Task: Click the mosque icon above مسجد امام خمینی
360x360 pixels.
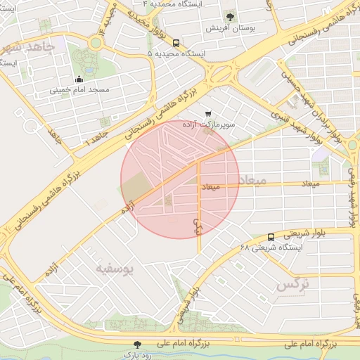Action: click(79, 79)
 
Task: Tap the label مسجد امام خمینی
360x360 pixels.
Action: click(79, 91)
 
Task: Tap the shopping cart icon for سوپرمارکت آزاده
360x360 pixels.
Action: click(207, 113)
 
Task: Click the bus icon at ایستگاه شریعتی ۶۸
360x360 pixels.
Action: click(271, 236)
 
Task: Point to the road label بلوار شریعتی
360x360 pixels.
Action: click(305, 230)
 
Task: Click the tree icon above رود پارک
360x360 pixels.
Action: click(138, 345)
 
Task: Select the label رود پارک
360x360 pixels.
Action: click(138, 355)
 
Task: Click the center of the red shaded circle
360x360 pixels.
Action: click(180, 179)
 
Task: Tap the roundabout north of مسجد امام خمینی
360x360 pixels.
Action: click(95, 44)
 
